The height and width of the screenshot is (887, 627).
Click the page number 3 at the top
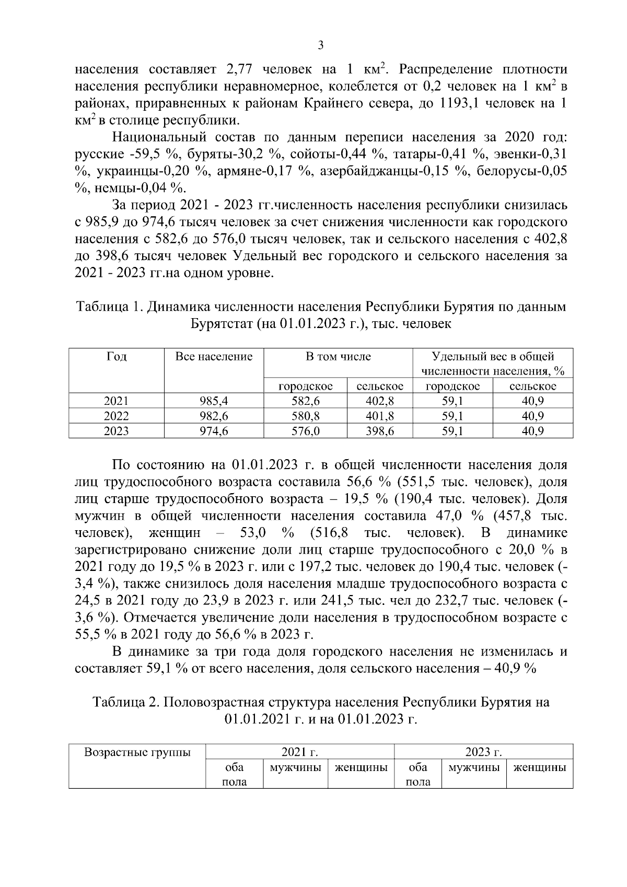pos(321,45)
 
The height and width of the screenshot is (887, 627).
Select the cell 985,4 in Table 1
pos(214,401)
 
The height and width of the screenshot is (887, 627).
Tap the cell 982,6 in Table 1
pos(214,416)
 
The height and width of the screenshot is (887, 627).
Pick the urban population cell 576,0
pos(305,431)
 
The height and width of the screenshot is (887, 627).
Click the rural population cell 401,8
pos(379,416)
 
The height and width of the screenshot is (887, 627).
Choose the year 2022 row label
pos(116,416)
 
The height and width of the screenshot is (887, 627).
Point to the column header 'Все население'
pos(214,357)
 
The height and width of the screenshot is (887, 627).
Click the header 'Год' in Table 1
pos(116,357)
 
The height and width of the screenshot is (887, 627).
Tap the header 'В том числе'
pos(338,357)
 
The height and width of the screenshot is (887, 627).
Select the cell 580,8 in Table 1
pos(305,416)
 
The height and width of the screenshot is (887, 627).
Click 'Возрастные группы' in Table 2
pos(137,753)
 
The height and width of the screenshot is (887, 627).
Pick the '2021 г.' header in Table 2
pos(300,753)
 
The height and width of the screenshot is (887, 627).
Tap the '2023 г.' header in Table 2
pos(483,753)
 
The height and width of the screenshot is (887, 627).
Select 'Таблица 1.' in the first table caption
pos(109,307)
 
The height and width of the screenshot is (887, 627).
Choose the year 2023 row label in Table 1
pos(116,431)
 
